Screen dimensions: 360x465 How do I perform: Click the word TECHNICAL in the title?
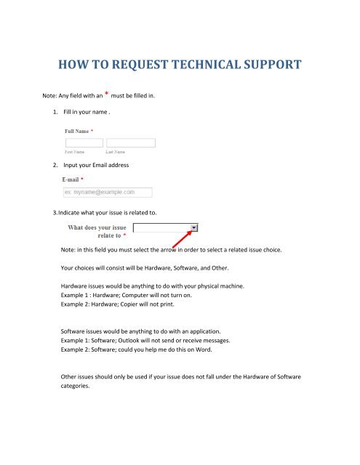click(192, 68)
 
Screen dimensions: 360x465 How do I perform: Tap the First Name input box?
click(84, 143)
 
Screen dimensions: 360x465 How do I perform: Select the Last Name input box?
click(130, 143)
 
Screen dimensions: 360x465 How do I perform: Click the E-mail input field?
click(108, 193)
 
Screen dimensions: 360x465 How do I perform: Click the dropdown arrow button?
click(194, 227)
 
